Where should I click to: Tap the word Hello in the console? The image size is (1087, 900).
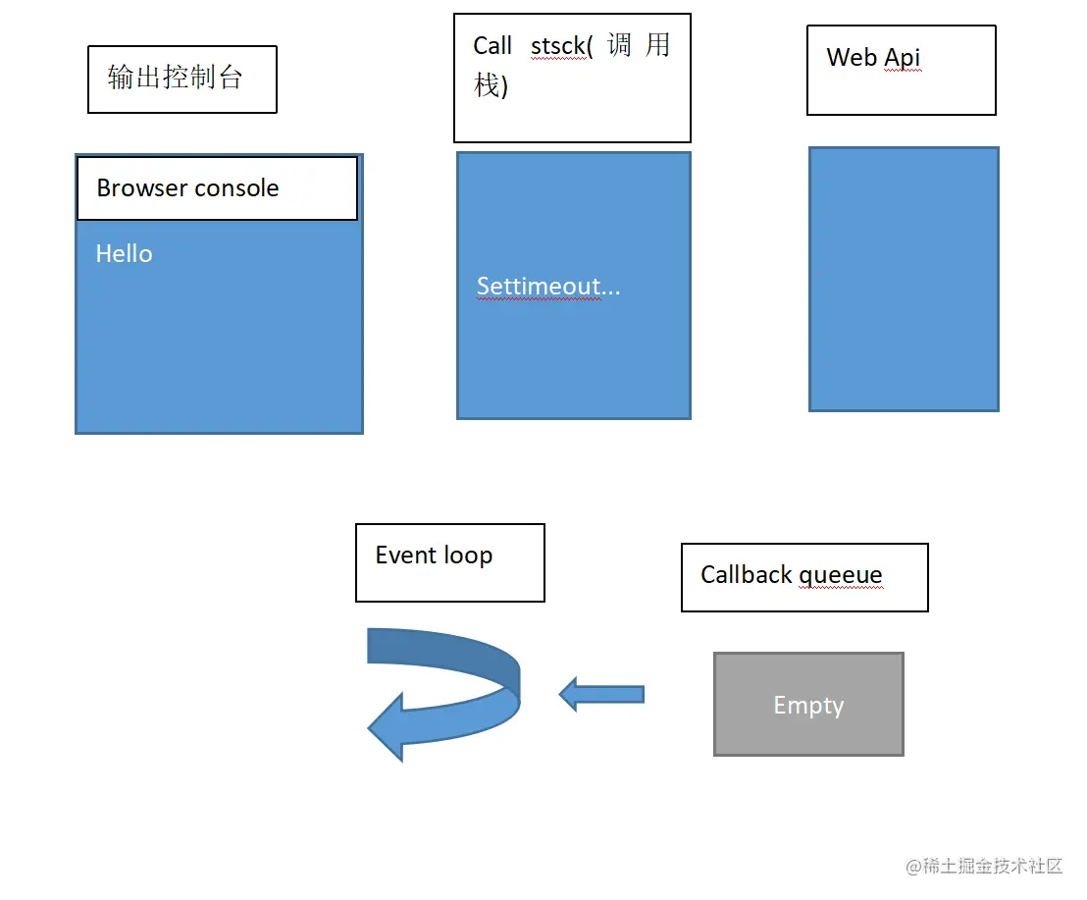coord(124,254)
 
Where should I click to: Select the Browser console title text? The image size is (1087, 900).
coord(187,188)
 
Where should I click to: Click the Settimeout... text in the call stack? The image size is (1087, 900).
coord(547,287)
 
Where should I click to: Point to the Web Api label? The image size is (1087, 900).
coord(873,58)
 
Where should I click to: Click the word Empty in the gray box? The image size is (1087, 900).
coord(808,706)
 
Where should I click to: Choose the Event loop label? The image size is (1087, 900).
coord(434,556)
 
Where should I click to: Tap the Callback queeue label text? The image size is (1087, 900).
coord(791,575)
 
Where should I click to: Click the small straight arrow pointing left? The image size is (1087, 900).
coord(601,694)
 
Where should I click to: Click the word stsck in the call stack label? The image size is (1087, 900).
coord(558,46)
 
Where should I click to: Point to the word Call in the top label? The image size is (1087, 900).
coord(492,46)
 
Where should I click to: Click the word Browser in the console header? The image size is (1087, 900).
coord(140,188)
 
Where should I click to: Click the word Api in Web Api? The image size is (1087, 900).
coord(903,58)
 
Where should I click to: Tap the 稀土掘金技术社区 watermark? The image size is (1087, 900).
coord(984,866)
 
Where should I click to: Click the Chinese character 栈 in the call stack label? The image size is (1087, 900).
coord(487,85)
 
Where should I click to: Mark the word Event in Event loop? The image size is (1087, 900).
coord(405,556)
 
